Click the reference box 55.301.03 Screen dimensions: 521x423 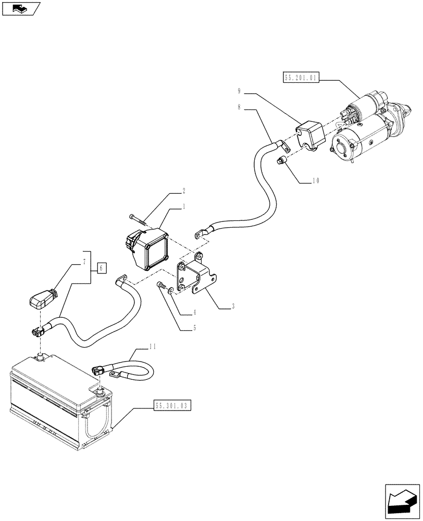pyautogui.click(x=172, y=405)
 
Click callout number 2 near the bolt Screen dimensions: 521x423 pyautogui.click(x=184, y=191)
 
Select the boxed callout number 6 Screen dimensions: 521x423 pyautogui.click(x=102, y=268)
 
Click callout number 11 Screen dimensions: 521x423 pyautogui.click(x=152, y=345)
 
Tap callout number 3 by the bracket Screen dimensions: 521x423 pyautogui.click(x=233, y=307)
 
